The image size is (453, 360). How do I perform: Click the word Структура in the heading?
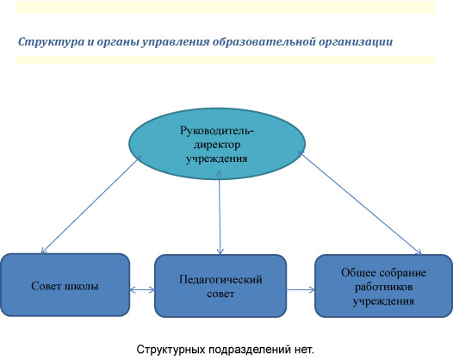[51, 42]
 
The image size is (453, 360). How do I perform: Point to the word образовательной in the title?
[264, 41]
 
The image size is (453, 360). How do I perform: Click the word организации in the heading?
[356, 42]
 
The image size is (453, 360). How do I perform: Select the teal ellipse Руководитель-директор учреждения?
[217, 144]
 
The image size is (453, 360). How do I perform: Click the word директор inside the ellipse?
[217, 145]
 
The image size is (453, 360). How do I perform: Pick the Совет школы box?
[65, 285]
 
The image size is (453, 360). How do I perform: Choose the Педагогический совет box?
[220, 286]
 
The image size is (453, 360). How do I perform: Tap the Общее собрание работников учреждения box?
[383, 286]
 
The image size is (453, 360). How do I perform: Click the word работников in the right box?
[383, 287]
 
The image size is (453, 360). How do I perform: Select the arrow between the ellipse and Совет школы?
[90, 205]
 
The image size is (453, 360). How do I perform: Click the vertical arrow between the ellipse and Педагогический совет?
[220, 213]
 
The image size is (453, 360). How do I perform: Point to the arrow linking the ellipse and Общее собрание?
[360, 203]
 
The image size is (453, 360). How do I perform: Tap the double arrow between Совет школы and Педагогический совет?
[142, 289]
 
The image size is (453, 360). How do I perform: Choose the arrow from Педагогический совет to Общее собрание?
[301, 289]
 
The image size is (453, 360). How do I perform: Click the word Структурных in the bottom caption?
[171, 350]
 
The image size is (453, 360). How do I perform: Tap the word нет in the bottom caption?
[303, 350]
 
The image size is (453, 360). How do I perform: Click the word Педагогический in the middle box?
[220, 280]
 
